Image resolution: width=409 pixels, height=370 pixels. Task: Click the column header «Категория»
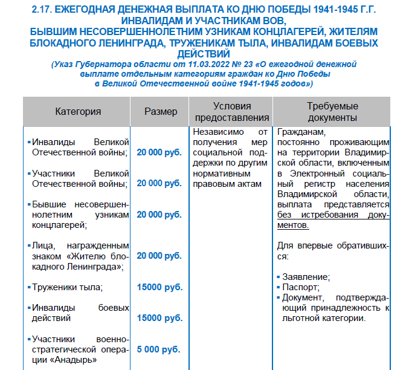78,111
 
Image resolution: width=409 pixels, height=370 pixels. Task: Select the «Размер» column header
161,111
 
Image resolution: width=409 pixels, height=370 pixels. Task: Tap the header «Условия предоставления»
232,111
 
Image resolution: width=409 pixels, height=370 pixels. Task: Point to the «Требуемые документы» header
332,111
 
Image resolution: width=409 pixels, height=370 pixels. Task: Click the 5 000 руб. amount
159,349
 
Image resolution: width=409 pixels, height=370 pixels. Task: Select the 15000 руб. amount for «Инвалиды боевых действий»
159,317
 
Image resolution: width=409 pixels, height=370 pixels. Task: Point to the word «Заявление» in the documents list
306,277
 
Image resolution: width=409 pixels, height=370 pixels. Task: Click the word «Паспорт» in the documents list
299,287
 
